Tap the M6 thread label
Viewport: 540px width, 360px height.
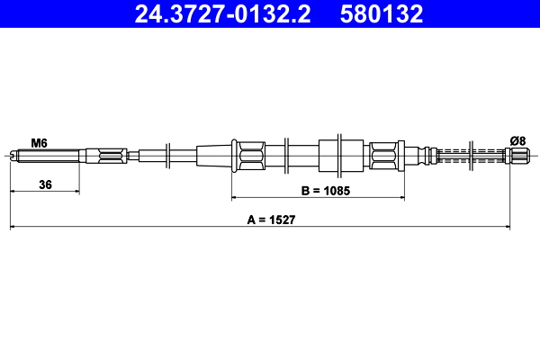coord(39,142)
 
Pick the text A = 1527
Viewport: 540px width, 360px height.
coord(271,219)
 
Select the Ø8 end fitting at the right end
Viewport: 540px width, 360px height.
coord(517,156)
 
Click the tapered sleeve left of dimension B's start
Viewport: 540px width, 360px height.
coord(212,156)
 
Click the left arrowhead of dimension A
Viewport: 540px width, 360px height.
coord(13,226)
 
